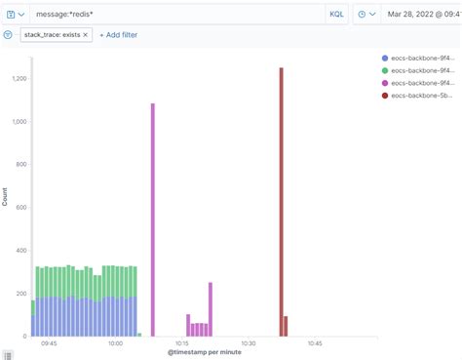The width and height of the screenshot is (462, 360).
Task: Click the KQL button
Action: (x=336, y=15)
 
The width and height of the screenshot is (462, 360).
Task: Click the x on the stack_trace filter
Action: (x=85, y=34)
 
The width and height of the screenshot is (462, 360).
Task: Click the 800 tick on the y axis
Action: (x=19, y=165)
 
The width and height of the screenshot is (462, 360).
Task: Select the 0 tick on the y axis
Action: (x=23, y=337)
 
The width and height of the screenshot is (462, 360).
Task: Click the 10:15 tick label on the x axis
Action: (x=182, y=343)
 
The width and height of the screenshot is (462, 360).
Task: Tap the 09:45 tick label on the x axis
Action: (x=49, y=343)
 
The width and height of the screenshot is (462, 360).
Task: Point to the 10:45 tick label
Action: (x=315, y=343)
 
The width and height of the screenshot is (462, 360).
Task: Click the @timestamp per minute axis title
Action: (x=204, y=352)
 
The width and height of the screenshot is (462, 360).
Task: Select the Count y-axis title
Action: (x=5, y=196)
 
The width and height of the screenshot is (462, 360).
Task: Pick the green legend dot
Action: (x=386, y=71)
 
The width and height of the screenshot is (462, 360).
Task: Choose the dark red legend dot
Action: (x=386, y=96)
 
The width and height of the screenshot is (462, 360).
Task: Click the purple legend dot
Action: (x=386, y=84)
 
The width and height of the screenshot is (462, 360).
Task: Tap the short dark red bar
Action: (x=286, y=326)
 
